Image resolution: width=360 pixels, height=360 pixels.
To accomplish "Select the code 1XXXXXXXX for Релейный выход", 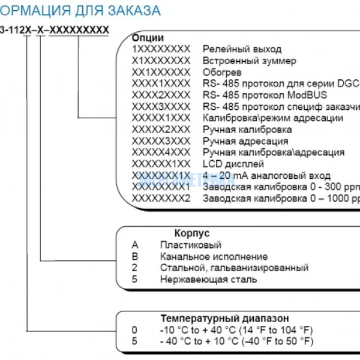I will click(161, 49).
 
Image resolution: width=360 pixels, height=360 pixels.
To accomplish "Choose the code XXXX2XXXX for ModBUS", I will click(161, 95).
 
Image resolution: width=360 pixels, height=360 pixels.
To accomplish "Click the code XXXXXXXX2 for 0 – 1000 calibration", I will click(161, 197).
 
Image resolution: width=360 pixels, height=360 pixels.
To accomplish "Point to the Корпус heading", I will click(192, 233).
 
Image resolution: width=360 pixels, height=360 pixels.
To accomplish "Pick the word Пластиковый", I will click(190, 245).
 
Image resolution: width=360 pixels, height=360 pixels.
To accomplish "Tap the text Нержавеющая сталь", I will click(208, 279).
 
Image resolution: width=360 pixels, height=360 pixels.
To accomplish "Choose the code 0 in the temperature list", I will click(134, 329).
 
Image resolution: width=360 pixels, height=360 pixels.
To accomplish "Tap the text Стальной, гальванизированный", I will click(234, 268).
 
